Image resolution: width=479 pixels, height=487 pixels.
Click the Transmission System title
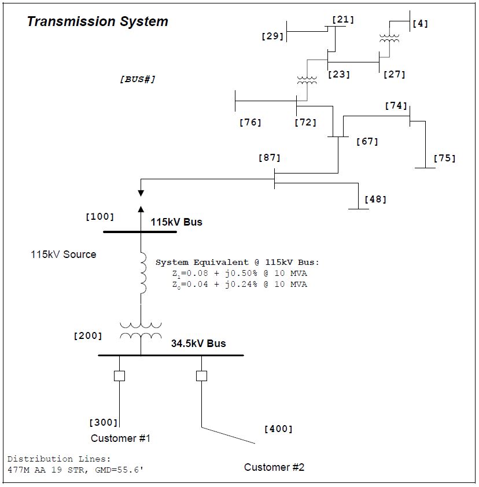[x=97, y=22]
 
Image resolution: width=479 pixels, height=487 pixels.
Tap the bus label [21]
[x=342, y=20]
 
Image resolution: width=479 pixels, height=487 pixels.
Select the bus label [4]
[x=420, y=24]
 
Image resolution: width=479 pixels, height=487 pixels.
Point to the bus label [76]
[x=250, y=122]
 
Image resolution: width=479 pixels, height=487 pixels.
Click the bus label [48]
[x=375, y=200]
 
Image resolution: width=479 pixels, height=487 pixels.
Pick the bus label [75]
[x=444, y=158]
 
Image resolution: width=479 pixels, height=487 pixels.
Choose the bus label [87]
[x=269, y=157]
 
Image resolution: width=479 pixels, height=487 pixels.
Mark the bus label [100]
[x=100, y=217]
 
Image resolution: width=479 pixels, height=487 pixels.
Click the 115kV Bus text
[x=176, y=222]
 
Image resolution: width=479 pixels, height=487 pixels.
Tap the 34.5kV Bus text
[x=198, y=344]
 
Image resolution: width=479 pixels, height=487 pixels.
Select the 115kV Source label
[x=64, y=254]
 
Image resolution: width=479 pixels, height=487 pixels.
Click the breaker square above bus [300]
[x=119, y=376]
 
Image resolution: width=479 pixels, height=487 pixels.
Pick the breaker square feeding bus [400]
[x=201, y=376]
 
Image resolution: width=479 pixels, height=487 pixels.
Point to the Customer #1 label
[x=120, y=438]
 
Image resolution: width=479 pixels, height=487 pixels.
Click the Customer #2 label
[x=274, y=467]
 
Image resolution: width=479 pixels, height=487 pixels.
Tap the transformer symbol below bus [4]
[x=389, y=38]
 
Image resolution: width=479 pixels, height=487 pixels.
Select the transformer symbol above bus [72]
[x=307, y=80]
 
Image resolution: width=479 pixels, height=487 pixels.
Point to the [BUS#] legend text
[x=138, y=79]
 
